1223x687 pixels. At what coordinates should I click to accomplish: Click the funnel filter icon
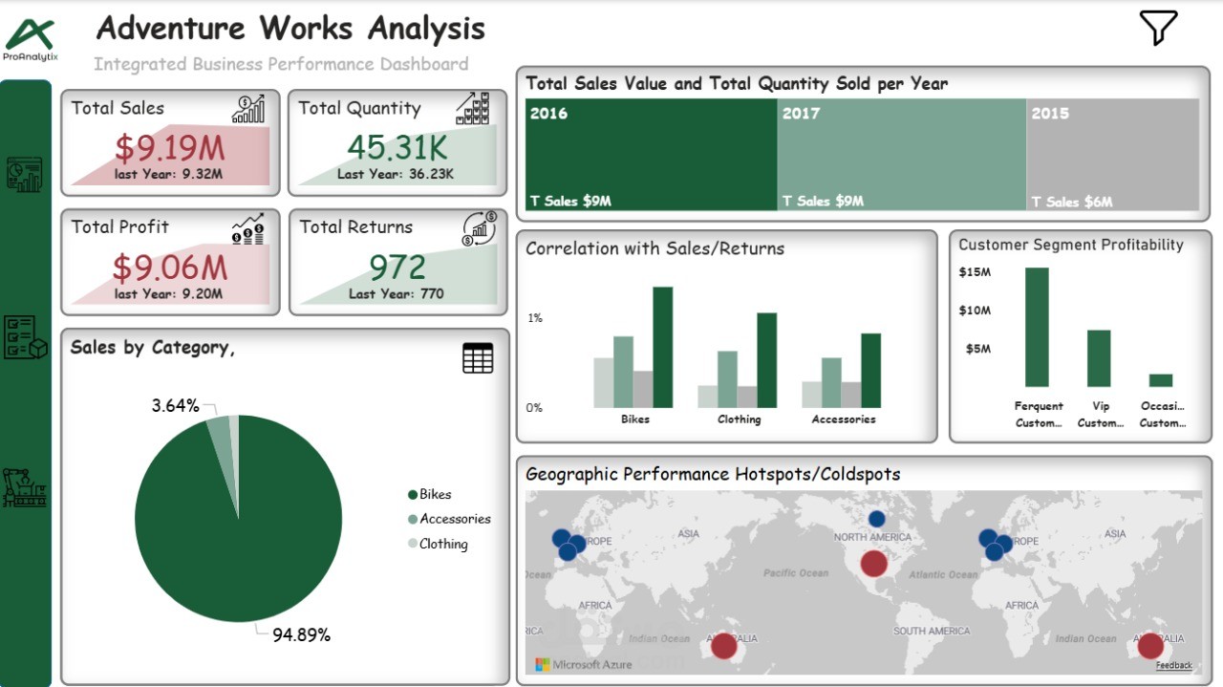click(1158, 28)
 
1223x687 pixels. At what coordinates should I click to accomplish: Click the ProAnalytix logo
click(31, 38)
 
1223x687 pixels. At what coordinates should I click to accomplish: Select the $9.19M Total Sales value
click(169, 148)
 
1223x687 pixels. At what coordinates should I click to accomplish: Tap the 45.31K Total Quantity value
click(397, 148)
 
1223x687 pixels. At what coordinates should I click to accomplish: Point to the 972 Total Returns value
click(397, 267)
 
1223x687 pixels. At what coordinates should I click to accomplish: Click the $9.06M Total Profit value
click(169, 267)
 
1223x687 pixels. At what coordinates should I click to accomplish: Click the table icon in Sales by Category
click(478, 358)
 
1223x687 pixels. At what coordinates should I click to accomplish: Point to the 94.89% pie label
click(301, 635)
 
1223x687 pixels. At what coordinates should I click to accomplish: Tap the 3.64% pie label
click(175, 406)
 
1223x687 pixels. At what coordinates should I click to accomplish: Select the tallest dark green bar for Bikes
click(662, 347)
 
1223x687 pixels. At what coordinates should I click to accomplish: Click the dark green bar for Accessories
click(870, 371)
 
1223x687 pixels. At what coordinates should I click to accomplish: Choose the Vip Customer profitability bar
click(1099, 358)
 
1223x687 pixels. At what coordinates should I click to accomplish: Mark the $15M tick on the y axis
click(975, 272)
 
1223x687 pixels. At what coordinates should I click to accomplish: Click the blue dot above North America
click(876, 519)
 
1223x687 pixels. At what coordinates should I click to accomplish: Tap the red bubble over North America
click(873, 564)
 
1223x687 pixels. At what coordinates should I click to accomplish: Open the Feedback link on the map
click(1173, 665)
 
